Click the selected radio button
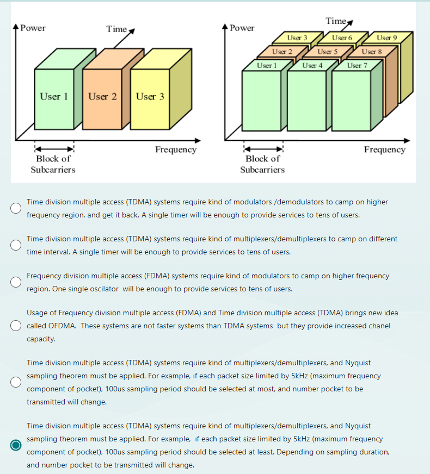(x=16, y=445)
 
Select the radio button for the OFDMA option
(x=16, y=326)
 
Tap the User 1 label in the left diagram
(x=53, y=96)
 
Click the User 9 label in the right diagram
(x=386, y=38)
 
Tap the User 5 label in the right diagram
(x=328, y=52)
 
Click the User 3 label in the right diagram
(x=297, y=38)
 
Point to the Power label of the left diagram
(x=33, y=28)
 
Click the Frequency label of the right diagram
(x=384, y=149)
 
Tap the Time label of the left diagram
(x=116, y=29)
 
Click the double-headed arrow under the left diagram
(x=54, y=149)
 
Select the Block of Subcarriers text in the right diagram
(x=262, y=164)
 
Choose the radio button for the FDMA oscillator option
(x=16, y=282)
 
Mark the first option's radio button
(x=16, y=208)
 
